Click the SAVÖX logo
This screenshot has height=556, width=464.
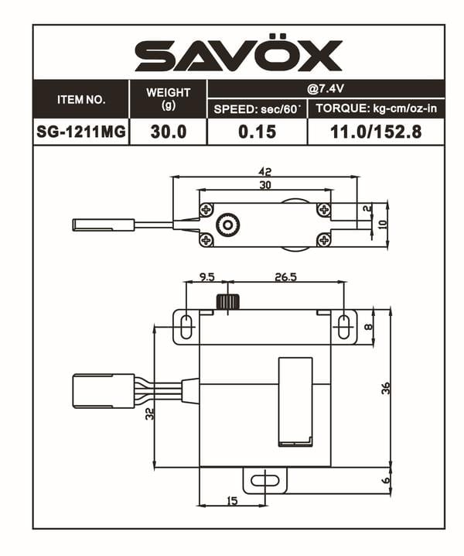click(x=238, y=56)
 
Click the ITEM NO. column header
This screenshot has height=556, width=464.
click(x=81, y=100)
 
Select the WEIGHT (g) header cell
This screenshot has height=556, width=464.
click(x=168, y=99)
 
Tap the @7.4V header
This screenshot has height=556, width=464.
click(x=326, y=88)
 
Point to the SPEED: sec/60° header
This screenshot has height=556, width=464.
click(x=257, y=109)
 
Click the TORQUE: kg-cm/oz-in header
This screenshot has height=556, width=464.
click(x=376, y=109)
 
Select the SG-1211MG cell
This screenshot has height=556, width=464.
click(x=81, y=132)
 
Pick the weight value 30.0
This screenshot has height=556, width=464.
click(x=168, y=132)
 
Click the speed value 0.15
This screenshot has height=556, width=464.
click(x=257, y=132)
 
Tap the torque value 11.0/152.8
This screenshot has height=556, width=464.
click(x=376, y=132)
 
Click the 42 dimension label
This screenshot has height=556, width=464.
click(x=264, y=171)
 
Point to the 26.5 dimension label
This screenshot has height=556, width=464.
click(x=285, y=276)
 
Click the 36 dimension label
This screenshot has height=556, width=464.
click(x=385, y=389)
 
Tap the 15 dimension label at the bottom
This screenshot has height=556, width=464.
click(x=232, y=501)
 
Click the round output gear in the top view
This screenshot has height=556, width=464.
click(x=227, y=225)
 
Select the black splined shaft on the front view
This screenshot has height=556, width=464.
click(x=226, y=301)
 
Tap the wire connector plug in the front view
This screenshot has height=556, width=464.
click(x=102, y=391)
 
